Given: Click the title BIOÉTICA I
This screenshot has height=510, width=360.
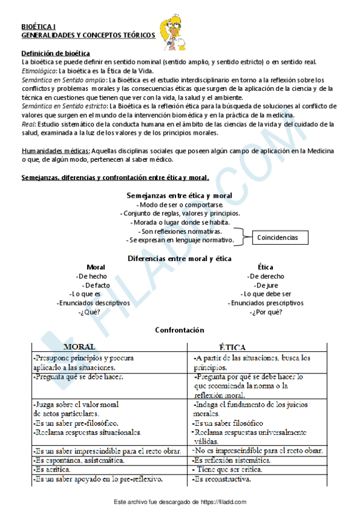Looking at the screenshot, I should [38, 27].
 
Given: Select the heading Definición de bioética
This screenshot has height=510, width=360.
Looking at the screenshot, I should [55, 54].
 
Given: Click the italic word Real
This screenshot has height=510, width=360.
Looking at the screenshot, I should [28, 124].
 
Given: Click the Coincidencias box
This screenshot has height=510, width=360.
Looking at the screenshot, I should [277, 238].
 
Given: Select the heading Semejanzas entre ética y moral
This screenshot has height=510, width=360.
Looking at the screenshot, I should [179, 195].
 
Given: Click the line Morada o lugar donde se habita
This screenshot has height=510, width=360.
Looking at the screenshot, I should [179, 222].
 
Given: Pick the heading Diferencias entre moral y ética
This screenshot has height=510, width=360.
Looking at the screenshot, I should [179, 258].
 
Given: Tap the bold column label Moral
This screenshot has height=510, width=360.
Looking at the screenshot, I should [96, 267].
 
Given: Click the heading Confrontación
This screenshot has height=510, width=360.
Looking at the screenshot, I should [179, 330].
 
